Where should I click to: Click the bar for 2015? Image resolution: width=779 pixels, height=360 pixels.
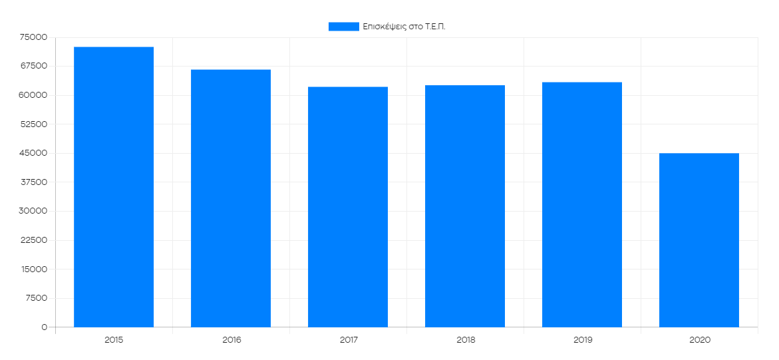[x=114, y=187]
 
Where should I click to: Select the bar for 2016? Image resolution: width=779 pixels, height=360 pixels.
[x=231, y=198]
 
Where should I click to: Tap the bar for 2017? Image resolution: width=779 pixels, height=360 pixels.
[x=348, y=207]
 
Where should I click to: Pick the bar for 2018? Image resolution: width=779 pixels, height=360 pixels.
[x=465, y=206]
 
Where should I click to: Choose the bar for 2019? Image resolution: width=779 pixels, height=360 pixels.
[x=582, y=204]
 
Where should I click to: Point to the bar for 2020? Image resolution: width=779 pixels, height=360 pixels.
[x=699, y=240]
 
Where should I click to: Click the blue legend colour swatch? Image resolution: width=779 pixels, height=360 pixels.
[x=343, y=27]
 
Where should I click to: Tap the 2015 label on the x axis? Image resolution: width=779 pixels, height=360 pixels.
[x=114, y=339]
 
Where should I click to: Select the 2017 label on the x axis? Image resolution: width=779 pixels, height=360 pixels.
[x=348, y=339]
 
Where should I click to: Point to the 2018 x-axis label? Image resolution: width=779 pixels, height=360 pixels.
[x=465, y=339]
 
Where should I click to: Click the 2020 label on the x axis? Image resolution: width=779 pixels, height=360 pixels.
[x=699, y=339]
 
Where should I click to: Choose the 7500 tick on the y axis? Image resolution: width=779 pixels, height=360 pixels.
[x=37, y=298]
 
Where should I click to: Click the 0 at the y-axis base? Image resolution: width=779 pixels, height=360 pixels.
[x=45, y=327]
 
